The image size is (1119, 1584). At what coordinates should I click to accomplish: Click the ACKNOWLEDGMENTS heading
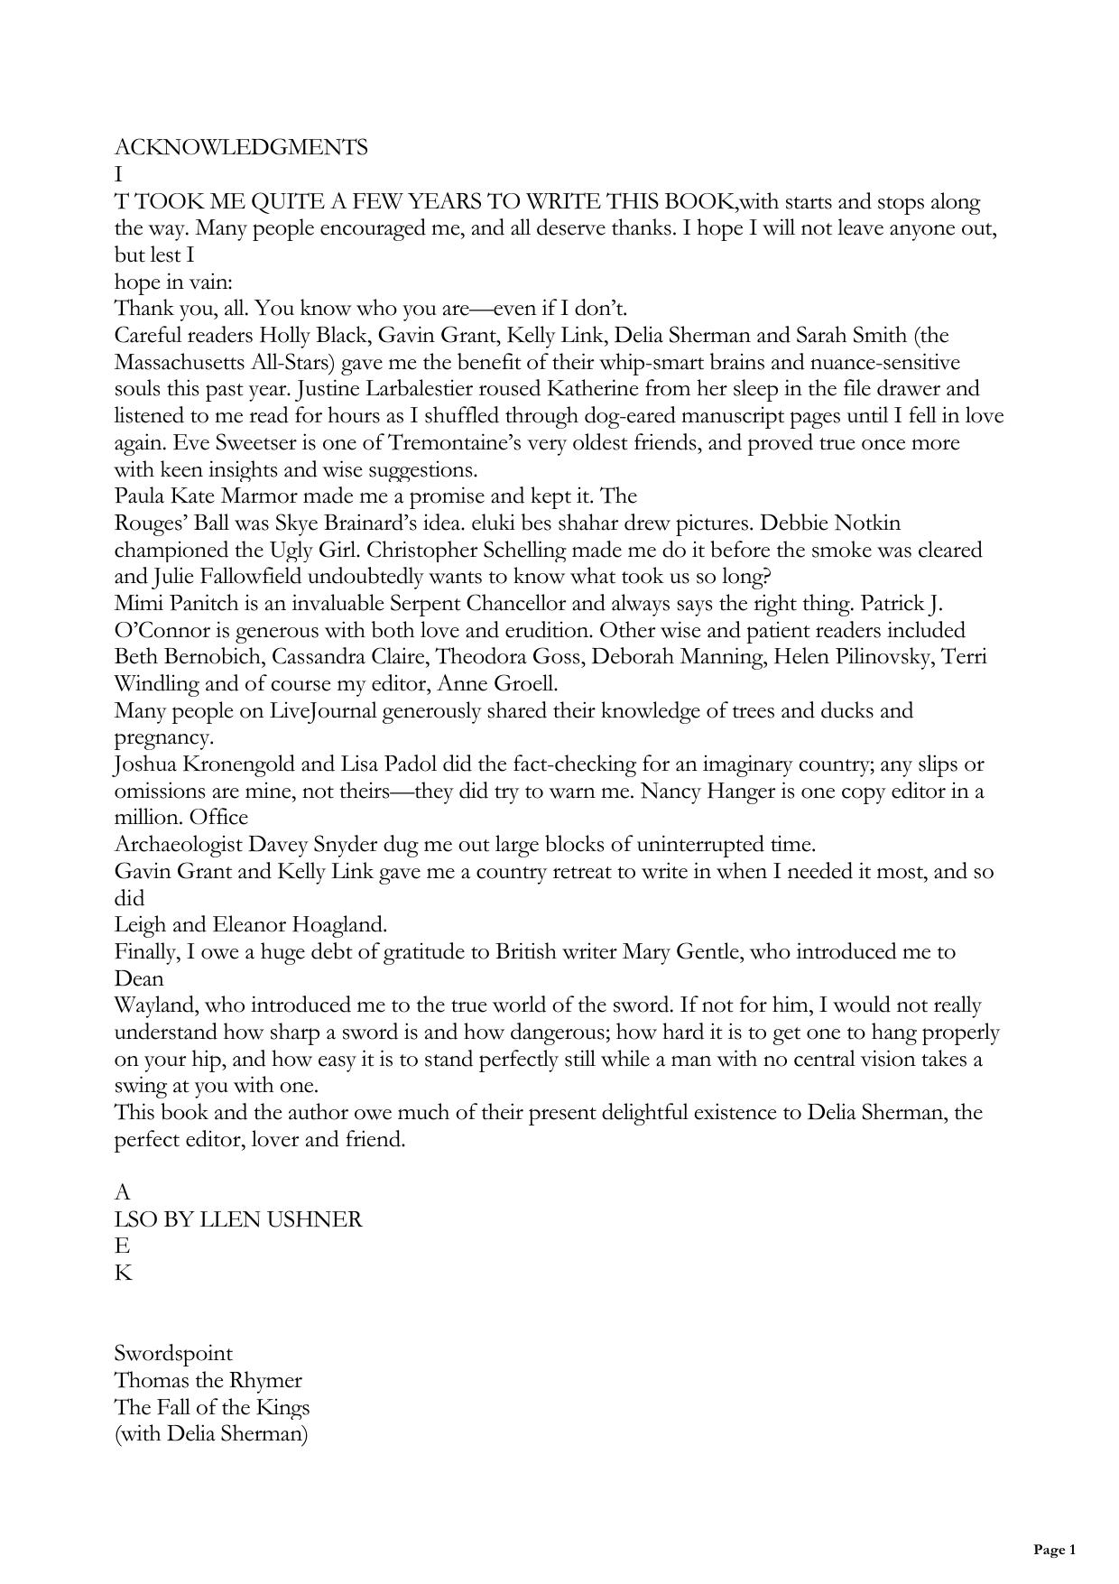point(241,147)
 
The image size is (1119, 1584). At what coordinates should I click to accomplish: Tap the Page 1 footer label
point(1054,1550)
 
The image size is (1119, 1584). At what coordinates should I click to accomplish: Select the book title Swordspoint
point(173,1353)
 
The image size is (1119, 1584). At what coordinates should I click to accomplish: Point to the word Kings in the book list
point(281,1407)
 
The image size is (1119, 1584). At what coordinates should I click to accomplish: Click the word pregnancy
point(163,737)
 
